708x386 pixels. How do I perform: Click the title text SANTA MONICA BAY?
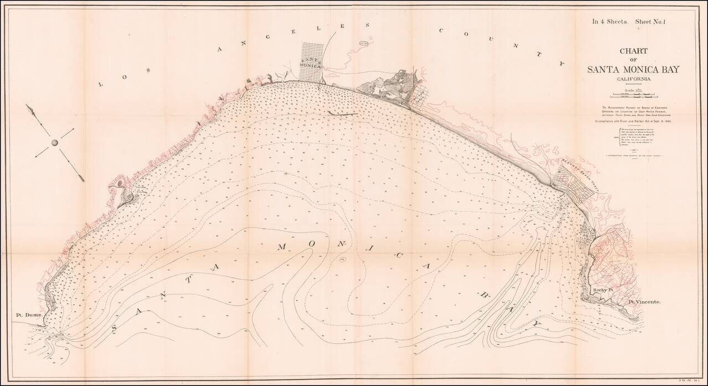tap(625, 69)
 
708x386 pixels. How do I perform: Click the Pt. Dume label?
tap(29, 315)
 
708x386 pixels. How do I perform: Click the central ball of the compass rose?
tap(55, 143)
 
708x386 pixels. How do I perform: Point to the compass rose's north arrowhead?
tap(32, 109)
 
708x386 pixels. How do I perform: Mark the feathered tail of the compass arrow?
tap(80, 178)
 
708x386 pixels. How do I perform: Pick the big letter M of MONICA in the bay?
tap(282, 247)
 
